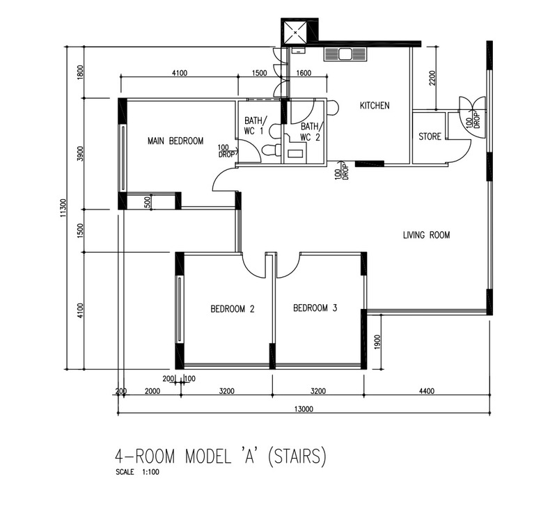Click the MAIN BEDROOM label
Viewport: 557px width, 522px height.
coord(175,141)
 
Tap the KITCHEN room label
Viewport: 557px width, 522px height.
coord(374,106)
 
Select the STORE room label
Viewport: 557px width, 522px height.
coord(430,136)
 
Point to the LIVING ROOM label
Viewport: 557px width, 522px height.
coord(426,235)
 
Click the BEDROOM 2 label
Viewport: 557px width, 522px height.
coord(232,309)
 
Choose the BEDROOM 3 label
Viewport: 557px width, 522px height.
coord(315,308)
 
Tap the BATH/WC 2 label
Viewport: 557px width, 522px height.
coord(310,131)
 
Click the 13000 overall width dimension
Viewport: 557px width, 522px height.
coord(304,409)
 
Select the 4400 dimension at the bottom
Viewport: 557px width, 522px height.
coord(426,391)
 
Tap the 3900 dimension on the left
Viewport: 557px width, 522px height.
coord(81,154)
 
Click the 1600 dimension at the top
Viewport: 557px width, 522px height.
coord(304,73)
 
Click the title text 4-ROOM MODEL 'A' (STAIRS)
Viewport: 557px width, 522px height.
coord(220,457)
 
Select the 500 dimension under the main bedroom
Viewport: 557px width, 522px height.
coord(148,202)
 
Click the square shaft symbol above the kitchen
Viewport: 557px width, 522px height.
coord(298,31)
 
